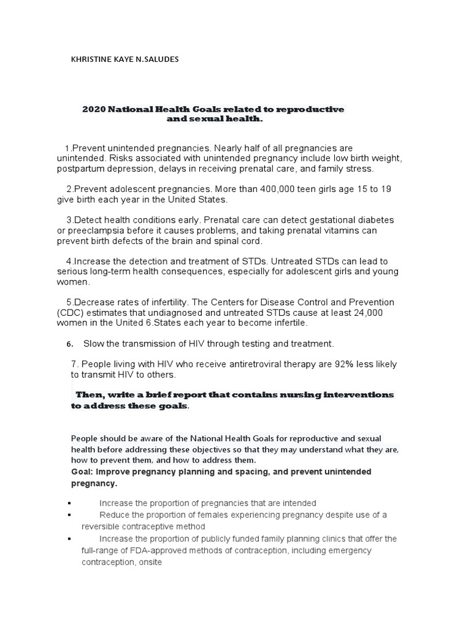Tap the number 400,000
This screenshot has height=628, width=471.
268,189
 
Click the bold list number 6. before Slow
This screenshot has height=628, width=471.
70,343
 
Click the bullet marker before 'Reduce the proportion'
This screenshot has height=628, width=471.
72,515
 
